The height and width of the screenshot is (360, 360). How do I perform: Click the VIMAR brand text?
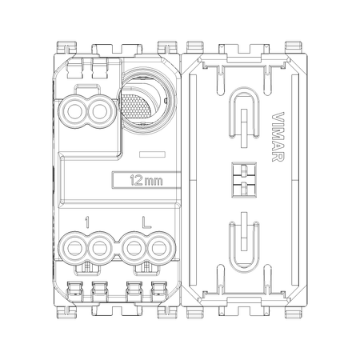pos(278,137)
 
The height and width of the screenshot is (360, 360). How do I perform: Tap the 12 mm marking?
pos(146,181)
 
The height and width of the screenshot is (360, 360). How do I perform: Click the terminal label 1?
pos(87,222)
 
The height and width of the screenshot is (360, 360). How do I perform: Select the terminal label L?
pos(146,222)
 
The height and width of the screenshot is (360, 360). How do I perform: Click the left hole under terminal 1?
pos(74,248)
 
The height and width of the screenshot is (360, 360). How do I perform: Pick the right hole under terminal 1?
pos(100,248)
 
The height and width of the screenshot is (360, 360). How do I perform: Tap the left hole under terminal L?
pos(134,248)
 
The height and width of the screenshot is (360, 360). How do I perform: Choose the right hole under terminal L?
pos(159,248)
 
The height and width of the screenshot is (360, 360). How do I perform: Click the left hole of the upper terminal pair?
pos(74,111)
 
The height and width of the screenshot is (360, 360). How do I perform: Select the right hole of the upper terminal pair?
pos(100,111)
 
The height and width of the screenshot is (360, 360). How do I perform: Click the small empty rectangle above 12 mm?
pos(152,154)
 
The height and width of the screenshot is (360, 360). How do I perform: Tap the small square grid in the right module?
pos(244,180)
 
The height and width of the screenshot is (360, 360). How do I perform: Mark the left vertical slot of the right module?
pos(193,180)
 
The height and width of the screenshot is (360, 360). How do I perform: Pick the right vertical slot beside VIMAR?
pos(295,180)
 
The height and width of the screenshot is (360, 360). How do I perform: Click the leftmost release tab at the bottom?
pos(74,291)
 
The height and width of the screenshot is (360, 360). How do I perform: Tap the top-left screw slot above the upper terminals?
pos(74,69)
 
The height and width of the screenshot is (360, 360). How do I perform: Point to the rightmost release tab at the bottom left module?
pos(159,291)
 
